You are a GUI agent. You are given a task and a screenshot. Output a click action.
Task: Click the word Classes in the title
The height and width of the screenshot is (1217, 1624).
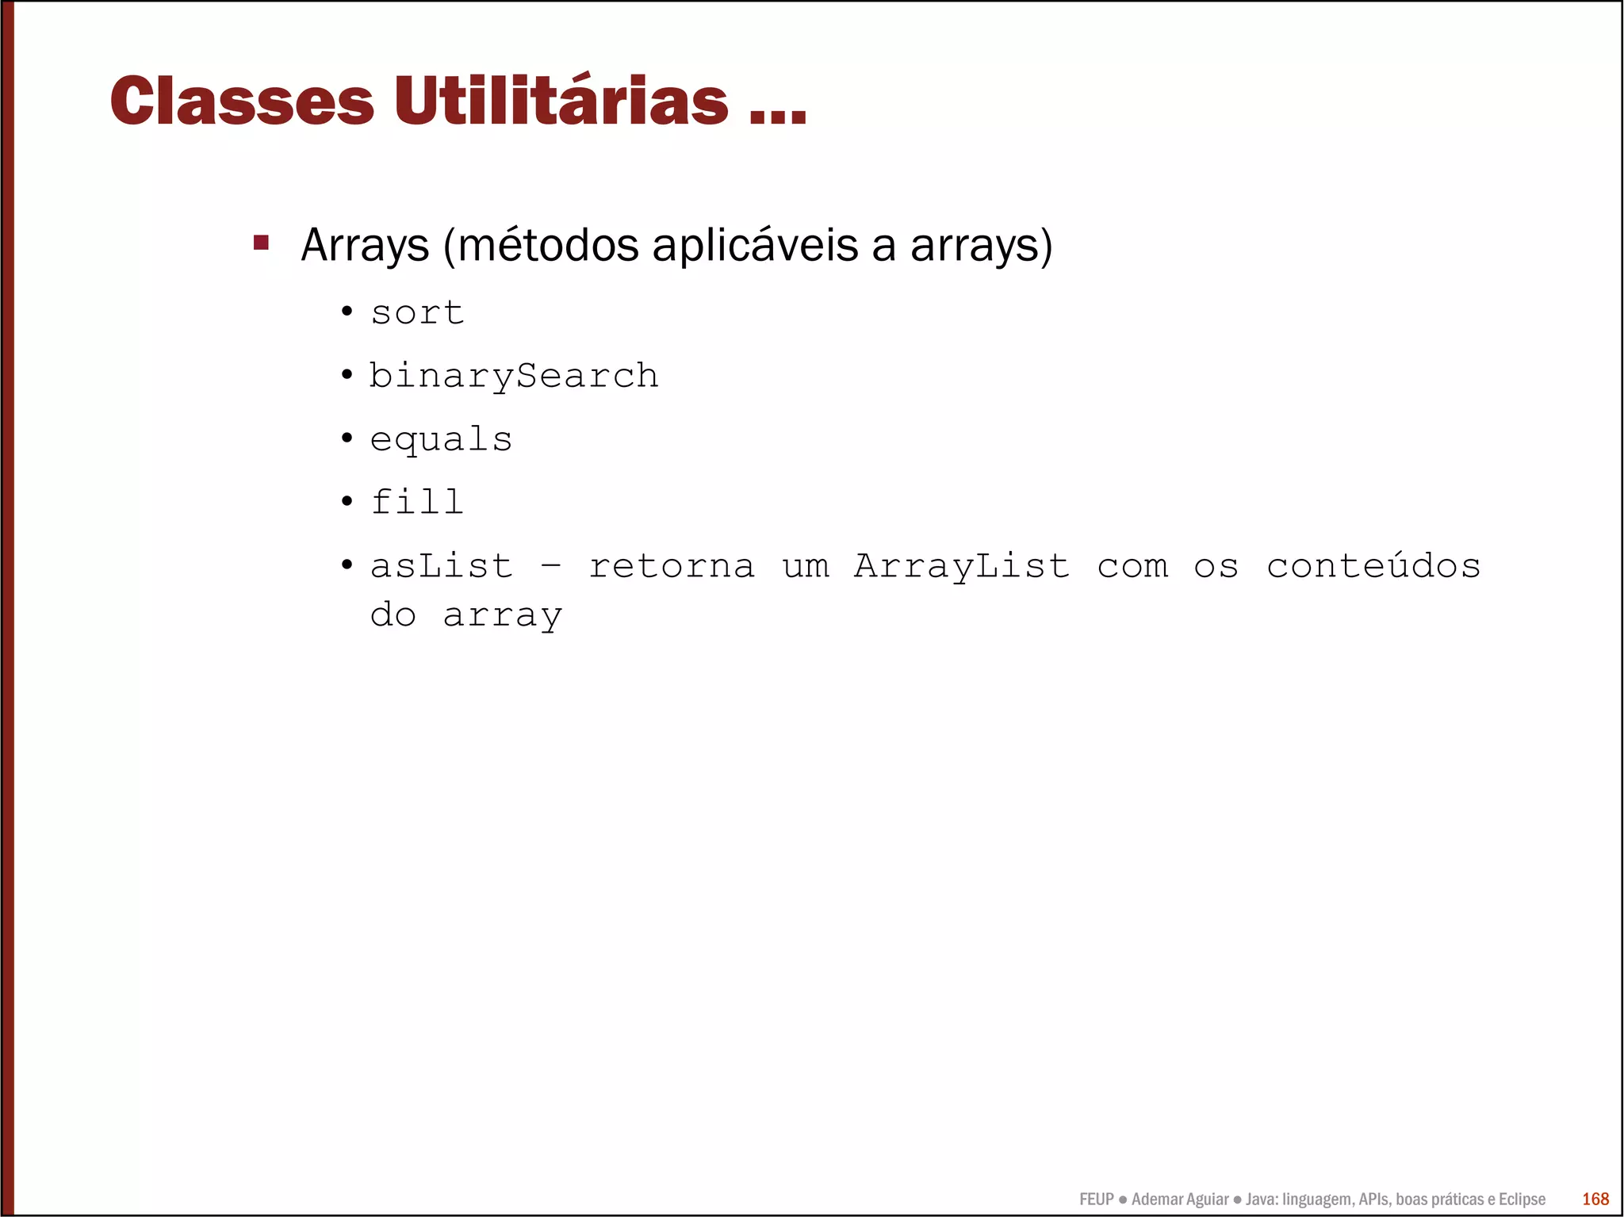pyautogui.click(x=242, y=101)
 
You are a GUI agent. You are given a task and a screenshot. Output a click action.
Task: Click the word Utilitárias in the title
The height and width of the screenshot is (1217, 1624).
pyautogui.click(x=561, y=101)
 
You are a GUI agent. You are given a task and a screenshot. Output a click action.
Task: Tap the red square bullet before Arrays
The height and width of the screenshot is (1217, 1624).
pyautogui.click(x=261, y=242)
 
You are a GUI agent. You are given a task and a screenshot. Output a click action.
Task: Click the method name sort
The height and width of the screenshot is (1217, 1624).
pyautogui.click(x=417, y=312)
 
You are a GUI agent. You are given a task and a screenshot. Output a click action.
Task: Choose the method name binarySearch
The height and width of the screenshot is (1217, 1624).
pyautogui.click(x=514, y=376)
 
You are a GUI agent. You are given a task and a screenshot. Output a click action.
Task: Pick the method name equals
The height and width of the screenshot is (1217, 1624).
pyautogui.click(x=441, y=439)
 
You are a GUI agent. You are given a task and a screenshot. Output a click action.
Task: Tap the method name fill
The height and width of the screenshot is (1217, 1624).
pyautogui.click(x=417, y=502)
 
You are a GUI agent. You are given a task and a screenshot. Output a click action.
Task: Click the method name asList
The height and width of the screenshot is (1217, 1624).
pyautogui.click(x=441, y=566)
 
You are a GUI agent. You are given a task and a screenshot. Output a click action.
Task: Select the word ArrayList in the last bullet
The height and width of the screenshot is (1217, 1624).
pyautogui.click(x=962, y=566)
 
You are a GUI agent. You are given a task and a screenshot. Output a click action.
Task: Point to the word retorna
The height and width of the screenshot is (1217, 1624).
pyautogui.click(x=672, y=566)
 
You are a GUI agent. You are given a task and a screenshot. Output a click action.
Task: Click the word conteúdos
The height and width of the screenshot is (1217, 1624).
pyautogui.click(x=1373, y=566)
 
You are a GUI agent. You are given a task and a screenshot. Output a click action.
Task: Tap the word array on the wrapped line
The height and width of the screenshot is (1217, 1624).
pyautogui.click(x=503, y=615)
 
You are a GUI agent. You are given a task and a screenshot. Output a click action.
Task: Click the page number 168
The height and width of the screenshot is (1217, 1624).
pyautogui.click(x=1595, y=1199)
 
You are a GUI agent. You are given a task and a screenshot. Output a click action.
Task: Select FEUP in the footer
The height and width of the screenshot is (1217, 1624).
pyautogui.click(x=1097, y=1199)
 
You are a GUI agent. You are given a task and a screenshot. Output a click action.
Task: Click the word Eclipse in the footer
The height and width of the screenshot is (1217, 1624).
pyautogui.click(x=1522, y=1199)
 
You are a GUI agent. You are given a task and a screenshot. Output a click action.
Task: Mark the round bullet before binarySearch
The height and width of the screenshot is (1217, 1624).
pyautogui.click(x=347, y=374)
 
